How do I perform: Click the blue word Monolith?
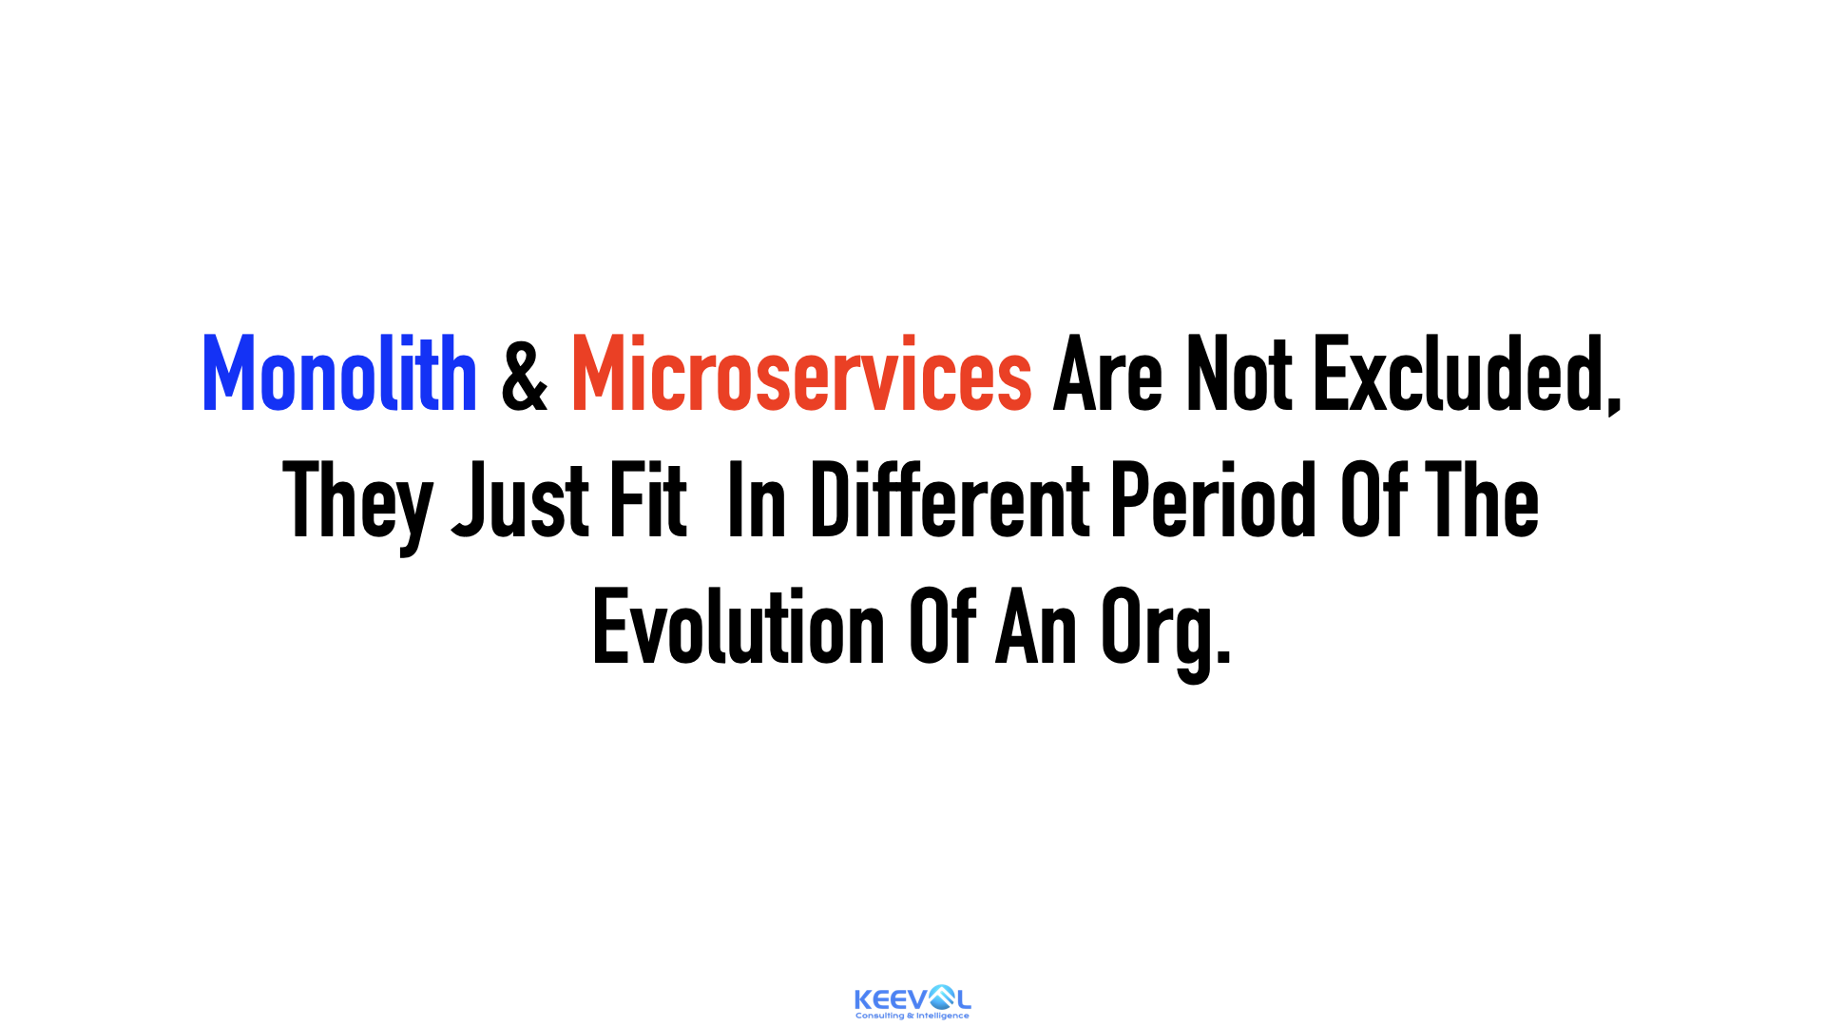(339, 374)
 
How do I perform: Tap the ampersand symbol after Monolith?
(525, 375)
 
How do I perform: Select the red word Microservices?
(801, 374)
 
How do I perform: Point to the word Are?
(1107, 375)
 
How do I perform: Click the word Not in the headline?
(1239, 375)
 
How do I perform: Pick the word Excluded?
(1460, 375)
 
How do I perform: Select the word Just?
(521, 501)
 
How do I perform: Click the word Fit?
(648, 500)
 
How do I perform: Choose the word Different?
(950, 500)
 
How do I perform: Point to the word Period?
(1214, 500)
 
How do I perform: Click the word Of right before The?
(1374, 500)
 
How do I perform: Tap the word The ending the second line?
(1482, 500)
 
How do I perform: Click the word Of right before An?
(943, 627)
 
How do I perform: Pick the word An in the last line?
(1037, 628)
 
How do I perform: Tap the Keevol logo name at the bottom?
(912, 998)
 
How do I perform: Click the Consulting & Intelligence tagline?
(912, 1016)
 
